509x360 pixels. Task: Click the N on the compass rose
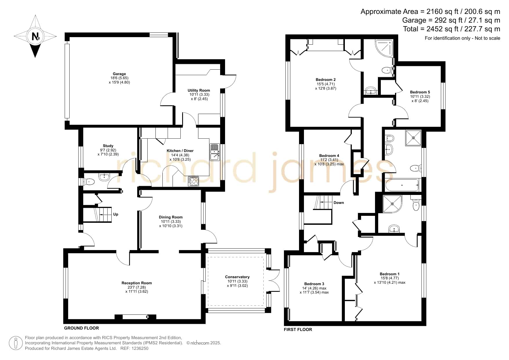(35, 37)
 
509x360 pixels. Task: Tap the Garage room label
(119, 74)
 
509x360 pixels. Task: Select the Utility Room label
(199, 90)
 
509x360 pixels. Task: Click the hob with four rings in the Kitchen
(194, 181)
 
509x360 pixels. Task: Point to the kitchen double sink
(215, 152)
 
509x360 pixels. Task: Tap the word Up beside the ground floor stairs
(116, 214)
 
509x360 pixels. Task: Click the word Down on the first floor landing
(339, 202)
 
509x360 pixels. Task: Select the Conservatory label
(237, 277)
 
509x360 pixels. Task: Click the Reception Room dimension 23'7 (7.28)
(137, 287)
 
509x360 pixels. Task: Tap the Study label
(108, 146)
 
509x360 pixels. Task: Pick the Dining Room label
(171, 217)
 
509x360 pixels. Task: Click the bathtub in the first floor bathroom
(402, 185)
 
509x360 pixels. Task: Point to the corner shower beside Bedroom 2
(384, 48)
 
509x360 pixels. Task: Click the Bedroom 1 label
(390, 274)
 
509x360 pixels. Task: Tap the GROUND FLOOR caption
(81, 328)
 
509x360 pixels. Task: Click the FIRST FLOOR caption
(298, 330)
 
